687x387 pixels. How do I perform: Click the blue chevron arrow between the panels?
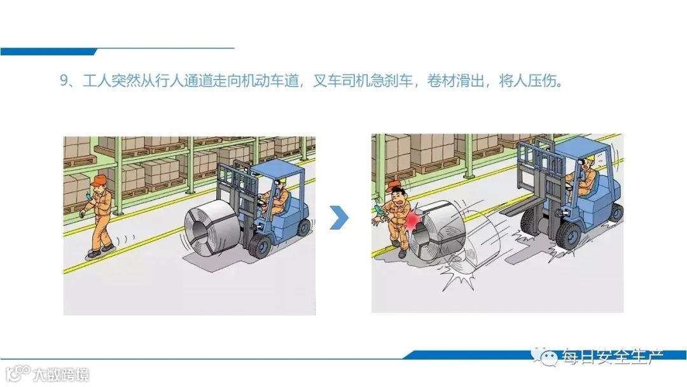coord(340,218)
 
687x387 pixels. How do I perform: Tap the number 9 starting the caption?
coord(64,81)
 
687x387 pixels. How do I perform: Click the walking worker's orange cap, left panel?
coord(99,180)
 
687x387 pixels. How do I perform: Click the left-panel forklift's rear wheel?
coord(303,228)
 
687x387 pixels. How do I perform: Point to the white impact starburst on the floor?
coord(459,276)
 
